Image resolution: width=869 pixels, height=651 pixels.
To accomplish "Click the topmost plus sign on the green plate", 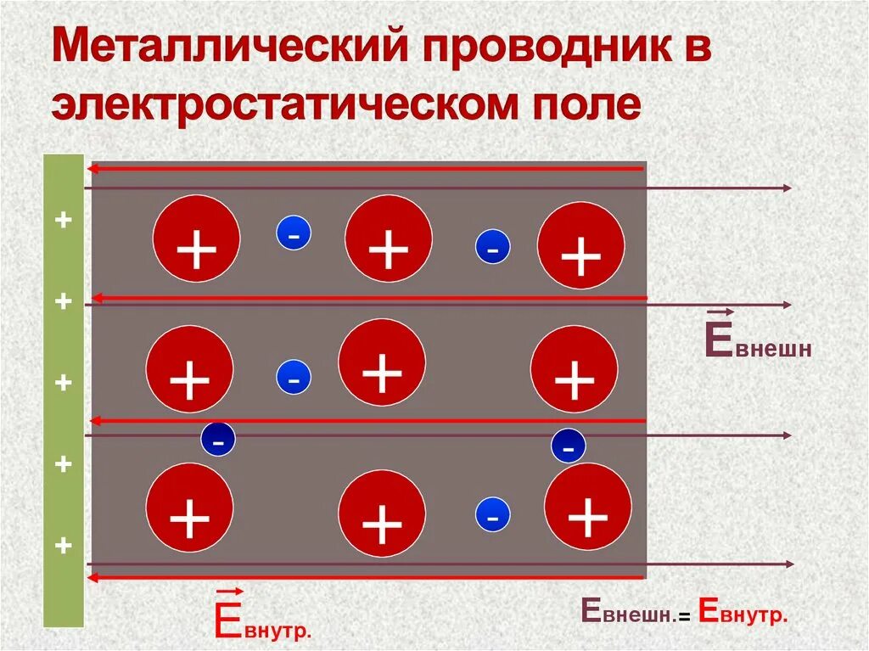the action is (63, 221).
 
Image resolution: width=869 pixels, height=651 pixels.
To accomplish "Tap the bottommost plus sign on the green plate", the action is (63, 545).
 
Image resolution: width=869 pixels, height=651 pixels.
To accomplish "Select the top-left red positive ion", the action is (196, 239).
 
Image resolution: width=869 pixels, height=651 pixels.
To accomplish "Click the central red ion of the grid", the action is (382, 362).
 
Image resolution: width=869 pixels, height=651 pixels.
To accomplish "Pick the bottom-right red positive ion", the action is (587, 506).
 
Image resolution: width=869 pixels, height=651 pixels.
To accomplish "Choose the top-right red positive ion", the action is (581, 245).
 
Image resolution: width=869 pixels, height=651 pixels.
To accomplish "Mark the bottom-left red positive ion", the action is (189, 507).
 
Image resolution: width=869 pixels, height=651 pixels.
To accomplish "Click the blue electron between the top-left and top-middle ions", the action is (294, 233).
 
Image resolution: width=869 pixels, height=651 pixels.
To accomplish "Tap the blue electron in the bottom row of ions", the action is (493, 514).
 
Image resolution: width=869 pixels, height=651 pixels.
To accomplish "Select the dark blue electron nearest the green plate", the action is (218, 440).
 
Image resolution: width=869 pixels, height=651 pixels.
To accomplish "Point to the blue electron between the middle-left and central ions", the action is (294, 378).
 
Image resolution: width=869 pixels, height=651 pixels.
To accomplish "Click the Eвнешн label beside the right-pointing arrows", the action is (758, 340).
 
